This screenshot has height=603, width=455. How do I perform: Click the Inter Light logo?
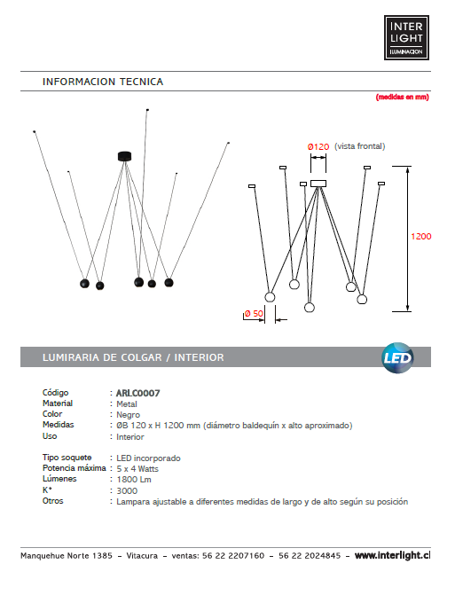point(406,37)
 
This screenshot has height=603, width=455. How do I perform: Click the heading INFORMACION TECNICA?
point(103,82)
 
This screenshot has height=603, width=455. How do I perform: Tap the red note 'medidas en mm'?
point(403,97)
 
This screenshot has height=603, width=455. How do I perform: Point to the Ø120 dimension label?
point(318,146)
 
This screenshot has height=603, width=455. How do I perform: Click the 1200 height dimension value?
point(420,237)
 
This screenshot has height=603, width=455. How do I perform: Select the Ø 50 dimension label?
point(254,313)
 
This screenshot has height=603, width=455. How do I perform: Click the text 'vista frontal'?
point(359,146)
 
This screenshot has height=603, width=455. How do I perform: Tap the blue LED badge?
point(397,358)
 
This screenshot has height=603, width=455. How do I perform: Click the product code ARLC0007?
point(138,393)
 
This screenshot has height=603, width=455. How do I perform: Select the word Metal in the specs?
point(127,404)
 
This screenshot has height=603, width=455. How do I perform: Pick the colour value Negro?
point(128,415)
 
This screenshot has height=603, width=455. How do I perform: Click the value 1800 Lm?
point(134,480)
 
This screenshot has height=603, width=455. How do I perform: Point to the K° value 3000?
point(127,490)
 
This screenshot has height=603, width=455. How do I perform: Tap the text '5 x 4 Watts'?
point(137,469)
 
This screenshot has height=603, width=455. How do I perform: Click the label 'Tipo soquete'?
point(67,458)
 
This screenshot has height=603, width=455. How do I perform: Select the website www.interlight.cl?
point(392,555)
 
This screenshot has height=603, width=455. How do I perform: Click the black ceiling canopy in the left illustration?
point(125,156)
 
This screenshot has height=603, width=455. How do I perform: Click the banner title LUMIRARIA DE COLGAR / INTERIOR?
point(133,357)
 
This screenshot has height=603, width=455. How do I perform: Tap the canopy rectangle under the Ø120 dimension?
point(318,184)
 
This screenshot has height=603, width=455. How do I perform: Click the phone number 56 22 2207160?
point(233,556)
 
